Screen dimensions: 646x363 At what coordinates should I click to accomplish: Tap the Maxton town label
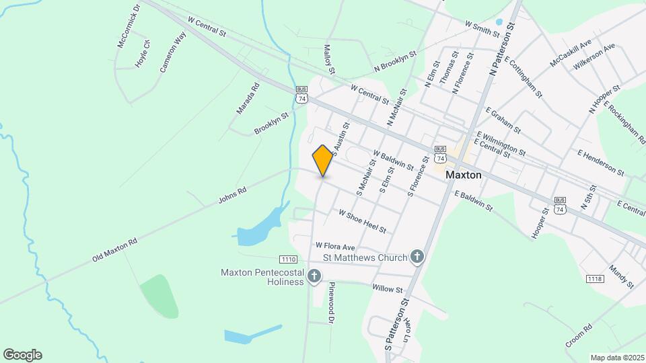click(464, 174)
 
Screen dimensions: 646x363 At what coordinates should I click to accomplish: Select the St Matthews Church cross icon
click(417, 257)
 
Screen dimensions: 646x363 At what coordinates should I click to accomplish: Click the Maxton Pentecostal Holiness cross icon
click(314, 276)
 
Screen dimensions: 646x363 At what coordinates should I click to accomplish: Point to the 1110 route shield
click(288, 259)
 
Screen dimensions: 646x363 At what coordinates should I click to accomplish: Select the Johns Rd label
click(232, 196)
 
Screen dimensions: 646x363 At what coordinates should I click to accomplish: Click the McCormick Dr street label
click(128, 26)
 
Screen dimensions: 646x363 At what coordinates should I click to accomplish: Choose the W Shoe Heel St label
click(362, 221)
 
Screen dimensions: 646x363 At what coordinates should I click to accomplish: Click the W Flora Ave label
click(334, 246)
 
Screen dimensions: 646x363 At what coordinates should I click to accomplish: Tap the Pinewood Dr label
click(331, 302)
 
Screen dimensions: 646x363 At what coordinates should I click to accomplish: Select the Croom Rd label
click(578, 334)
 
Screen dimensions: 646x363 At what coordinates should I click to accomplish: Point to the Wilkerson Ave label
click(594, 57)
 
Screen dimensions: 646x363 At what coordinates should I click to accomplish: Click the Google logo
click(22, 354)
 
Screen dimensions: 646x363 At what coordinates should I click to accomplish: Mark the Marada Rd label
click(247, 98)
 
